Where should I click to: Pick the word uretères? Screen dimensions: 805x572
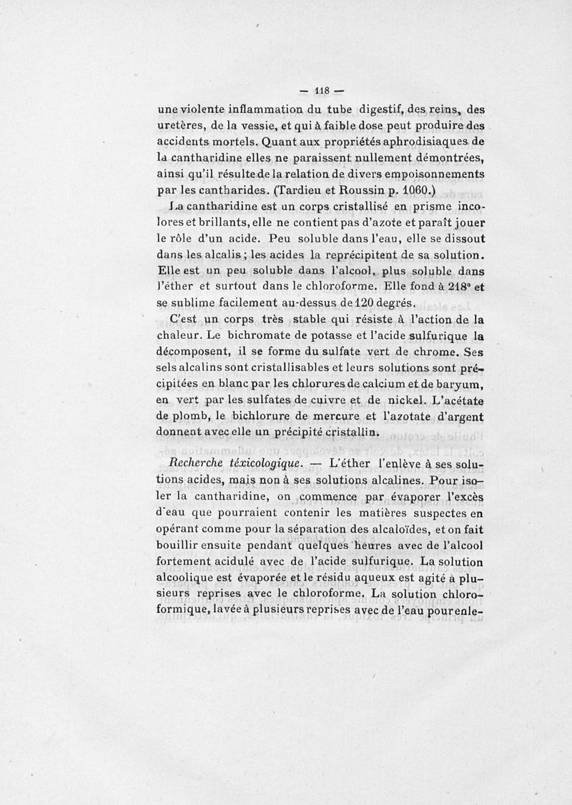click(181, 126)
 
